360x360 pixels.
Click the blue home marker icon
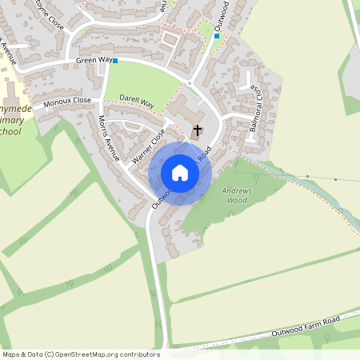tap(180, 173)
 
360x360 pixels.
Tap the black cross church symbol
tap(198, 129)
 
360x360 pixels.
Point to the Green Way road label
tap(93, 60)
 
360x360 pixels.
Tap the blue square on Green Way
tap(115, 61)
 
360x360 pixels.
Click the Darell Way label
tap(136, 101)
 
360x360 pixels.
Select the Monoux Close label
tap(67, 103)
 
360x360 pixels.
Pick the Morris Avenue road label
tap(108, 138)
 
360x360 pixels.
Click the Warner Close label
tap(148, 146)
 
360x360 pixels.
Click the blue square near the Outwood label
tap(217, 36)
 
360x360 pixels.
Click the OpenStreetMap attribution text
tap(80, 354)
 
